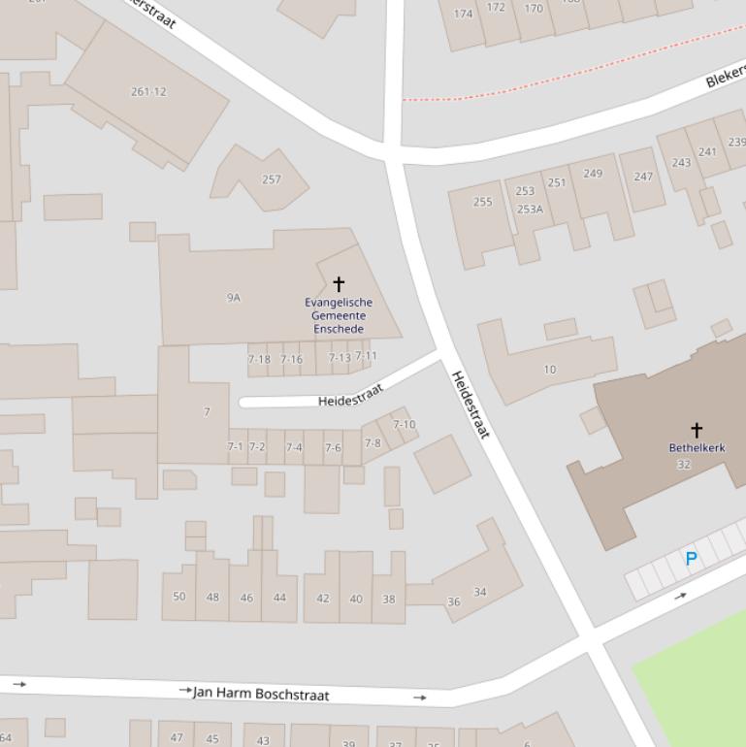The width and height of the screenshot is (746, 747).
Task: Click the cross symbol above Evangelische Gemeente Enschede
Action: click(339, 283)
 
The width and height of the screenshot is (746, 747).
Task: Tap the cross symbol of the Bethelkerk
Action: click(696, 429)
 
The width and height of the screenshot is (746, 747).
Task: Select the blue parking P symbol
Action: click(691, 559)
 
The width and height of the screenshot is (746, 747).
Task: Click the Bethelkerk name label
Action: click(697, 448)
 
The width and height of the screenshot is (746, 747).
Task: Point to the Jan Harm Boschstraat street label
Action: click(261, 694)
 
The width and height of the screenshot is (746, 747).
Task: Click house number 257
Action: click(272, 179)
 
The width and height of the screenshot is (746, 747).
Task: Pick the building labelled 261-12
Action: click(148, 92)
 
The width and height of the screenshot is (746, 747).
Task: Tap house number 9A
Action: click(233, 298)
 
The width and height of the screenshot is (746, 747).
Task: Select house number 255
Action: click(482, 202)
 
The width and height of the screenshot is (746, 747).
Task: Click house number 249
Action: click(592, 174)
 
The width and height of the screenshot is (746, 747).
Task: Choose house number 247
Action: click(643, 177)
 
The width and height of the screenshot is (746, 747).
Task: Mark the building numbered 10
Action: click(550, 370)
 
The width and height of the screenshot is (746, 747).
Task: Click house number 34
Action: click(480, 592)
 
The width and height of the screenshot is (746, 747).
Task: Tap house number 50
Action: click(178, 597)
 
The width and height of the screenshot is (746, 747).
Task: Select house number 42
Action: click(323, 599)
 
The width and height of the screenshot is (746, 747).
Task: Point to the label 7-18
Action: click(259, 360)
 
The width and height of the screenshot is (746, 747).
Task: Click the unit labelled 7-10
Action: click(404, 425)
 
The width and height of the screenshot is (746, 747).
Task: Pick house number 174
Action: click(464, 14)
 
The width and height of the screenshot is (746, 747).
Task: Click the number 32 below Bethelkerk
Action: click(684, 465)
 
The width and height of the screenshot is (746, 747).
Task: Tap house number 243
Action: click(682, 162)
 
